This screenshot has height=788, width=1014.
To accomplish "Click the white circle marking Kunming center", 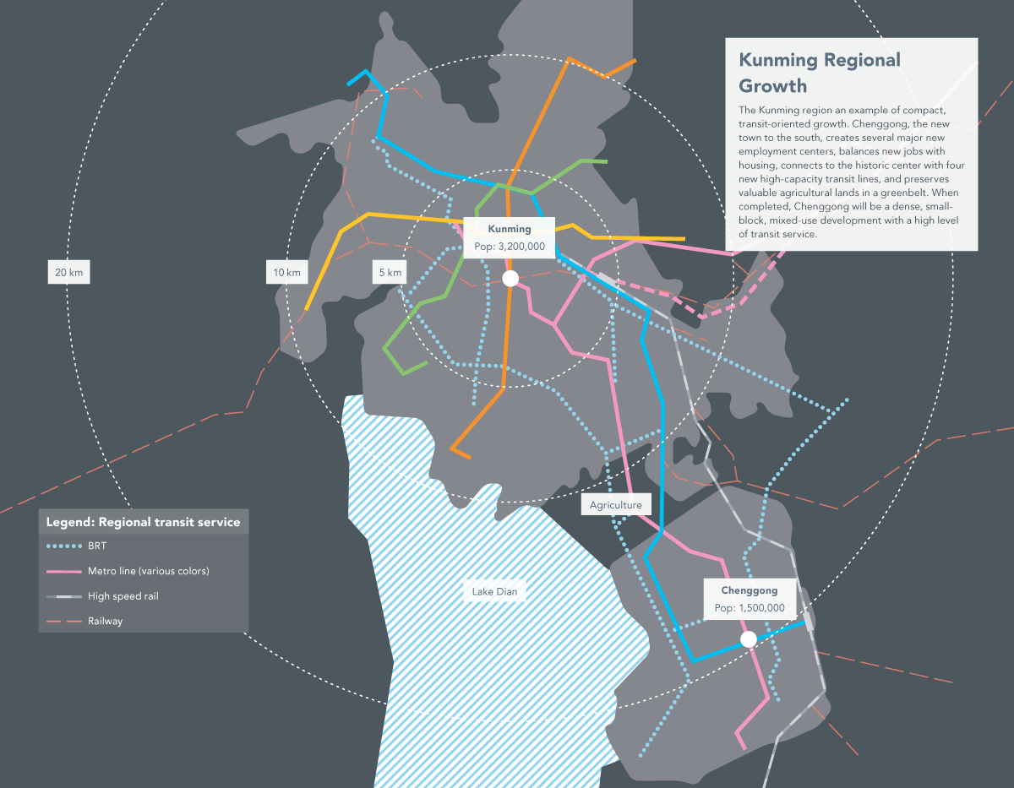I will point(510,279).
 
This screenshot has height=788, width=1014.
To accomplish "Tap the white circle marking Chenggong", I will point(748,639).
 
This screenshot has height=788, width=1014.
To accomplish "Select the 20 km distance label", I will point(68,272).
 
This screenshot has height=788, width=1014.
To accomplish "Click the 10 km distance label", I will point(286,272).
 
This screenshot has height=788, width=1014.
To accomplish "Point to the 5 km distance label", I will point(390,272).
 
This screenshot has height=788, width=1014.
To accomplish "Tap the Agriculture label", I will point(616,505).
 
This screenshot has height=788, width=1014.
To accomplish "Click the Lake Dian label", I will point(494,591).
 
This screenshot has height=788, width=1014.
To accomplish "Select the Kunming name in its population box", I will point(510,229).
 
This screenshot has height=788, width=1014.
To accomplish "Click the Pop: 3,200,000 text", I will point(510,247).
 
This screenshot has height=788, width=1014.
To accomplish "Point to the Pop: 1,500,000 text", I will point(750,608).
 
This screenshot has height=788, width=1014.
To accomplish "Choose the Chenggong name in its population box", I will point(750,590).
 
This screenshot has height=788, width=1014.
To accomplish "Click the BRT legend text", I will point(97,546).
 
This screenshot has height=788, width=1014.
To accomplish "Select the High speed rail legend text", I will point(123,596).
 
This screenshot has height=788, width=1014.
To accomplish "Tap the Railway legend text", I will point(106,621).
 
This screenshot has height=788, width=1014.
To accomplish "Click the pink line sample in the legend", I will point(63,572).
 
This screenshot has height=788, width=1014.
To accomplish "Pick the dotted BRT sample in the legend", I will point(63,546).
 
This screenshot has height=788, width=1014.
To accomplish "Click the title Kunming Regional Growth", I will point(820,73).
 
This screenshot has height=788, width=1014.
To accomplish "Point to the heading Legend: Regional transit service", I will point(143,522).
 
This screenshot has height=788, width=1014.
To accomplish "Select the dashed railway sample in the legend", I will point(63,621).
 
